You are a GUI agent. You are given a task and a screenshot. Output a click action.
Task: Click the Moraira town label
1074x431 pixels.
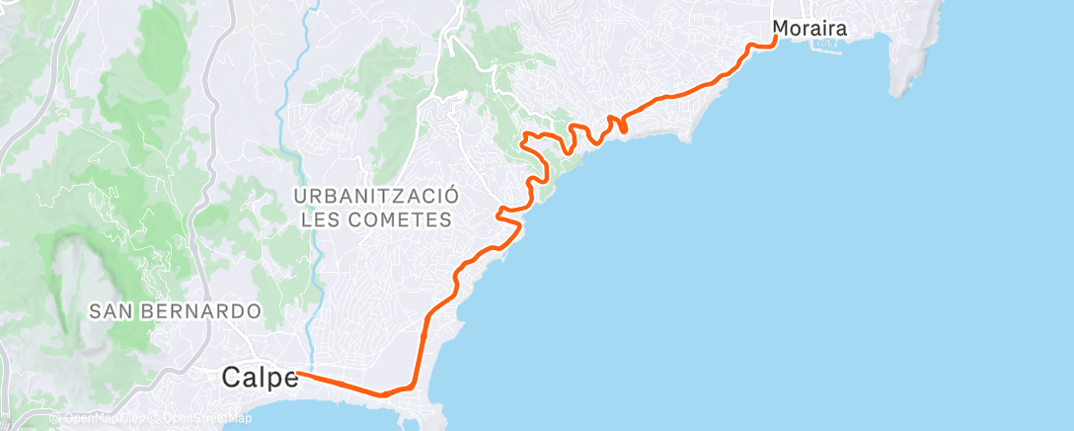pyautogui.click(x=810, y=29)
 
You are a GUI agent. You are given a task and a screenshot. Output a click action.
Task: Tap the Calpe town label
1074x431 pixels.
pyautogui.click(x=260, y=377)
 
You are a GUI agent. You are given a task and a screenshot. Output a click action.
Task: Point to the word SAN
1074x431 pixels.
pyautogui.click(x=110, y=311)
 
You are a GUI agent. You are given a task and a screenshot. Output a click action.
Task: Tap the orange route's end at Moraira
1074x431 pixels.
pyautogui.click(x=775, y=39)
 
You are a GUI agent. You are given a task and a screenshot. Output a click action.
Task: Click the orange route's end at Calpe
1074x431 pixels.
pyautogui.click(x=297, y=374)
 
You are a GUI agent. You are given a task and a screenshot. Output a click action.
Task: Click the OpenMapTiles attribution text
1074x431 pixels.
pyautogui.click(x=100, y=419)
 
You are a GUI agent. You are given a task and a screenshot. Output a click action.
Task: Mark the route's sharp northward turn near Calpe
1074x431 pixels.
pyautogui.click(x=411, y=386)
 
